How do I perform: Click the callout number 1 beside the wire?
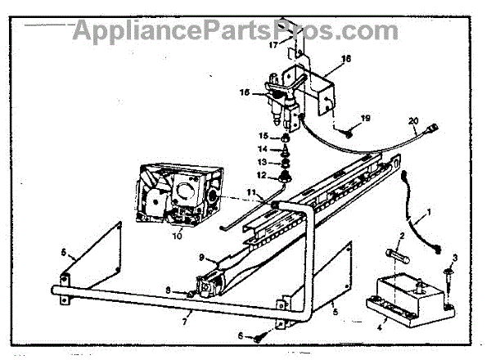(x=425, y=217)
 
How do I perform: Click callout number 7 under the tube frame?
(x=187, y=313)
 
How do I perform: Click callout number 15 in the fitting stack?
(x=264, y=136)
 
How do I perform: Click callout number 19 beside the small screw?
(x=364, y=119)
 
